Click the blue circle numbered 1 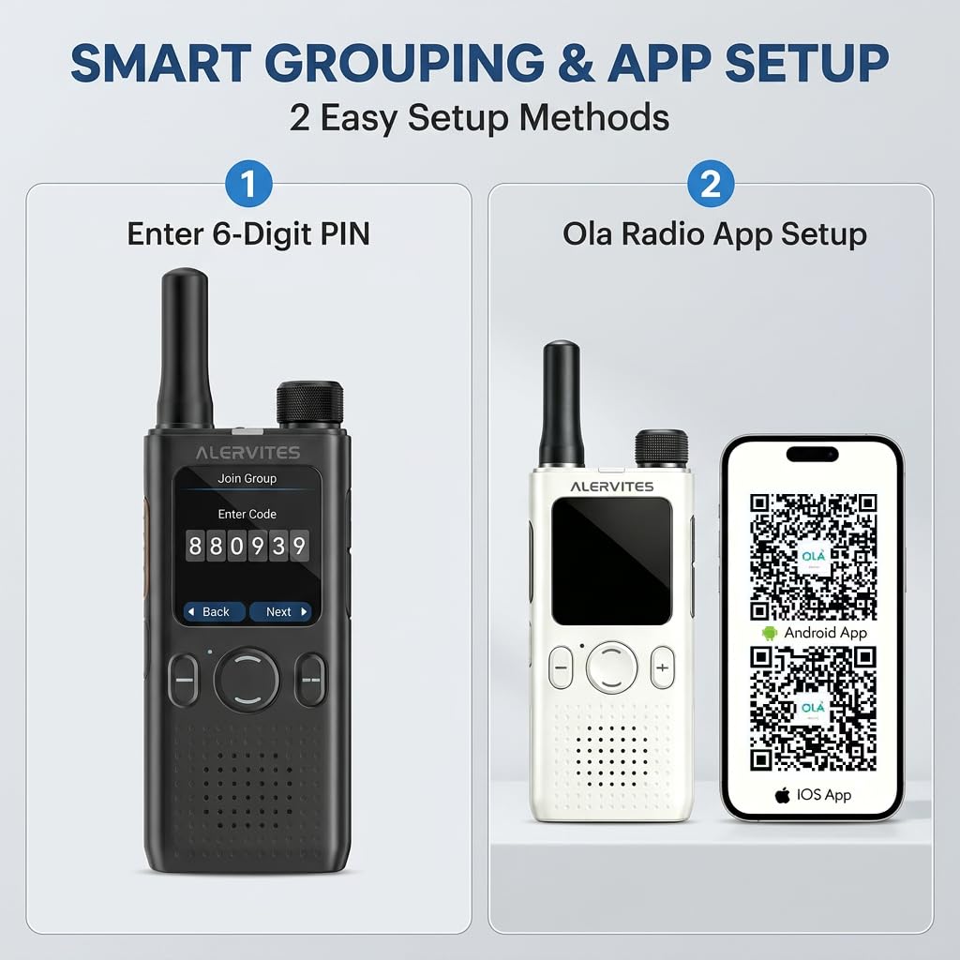248,183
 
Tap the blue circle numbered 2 711,183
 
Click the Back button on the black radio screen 215,611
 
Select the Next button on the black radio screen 280,611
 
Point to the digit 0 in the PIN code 237,546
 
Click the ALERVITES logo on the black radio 247,453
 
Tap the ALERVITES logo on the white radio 611,487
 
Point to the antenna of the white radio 561,404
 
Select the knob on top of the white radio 661,448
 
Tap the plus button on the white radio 663,667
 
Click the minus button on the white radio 561,667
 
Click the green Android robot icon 769,633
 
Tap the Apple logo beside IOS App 782,795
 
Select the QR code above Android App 813,557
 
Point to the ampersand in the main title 577,63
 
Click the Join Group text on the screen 247,478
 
